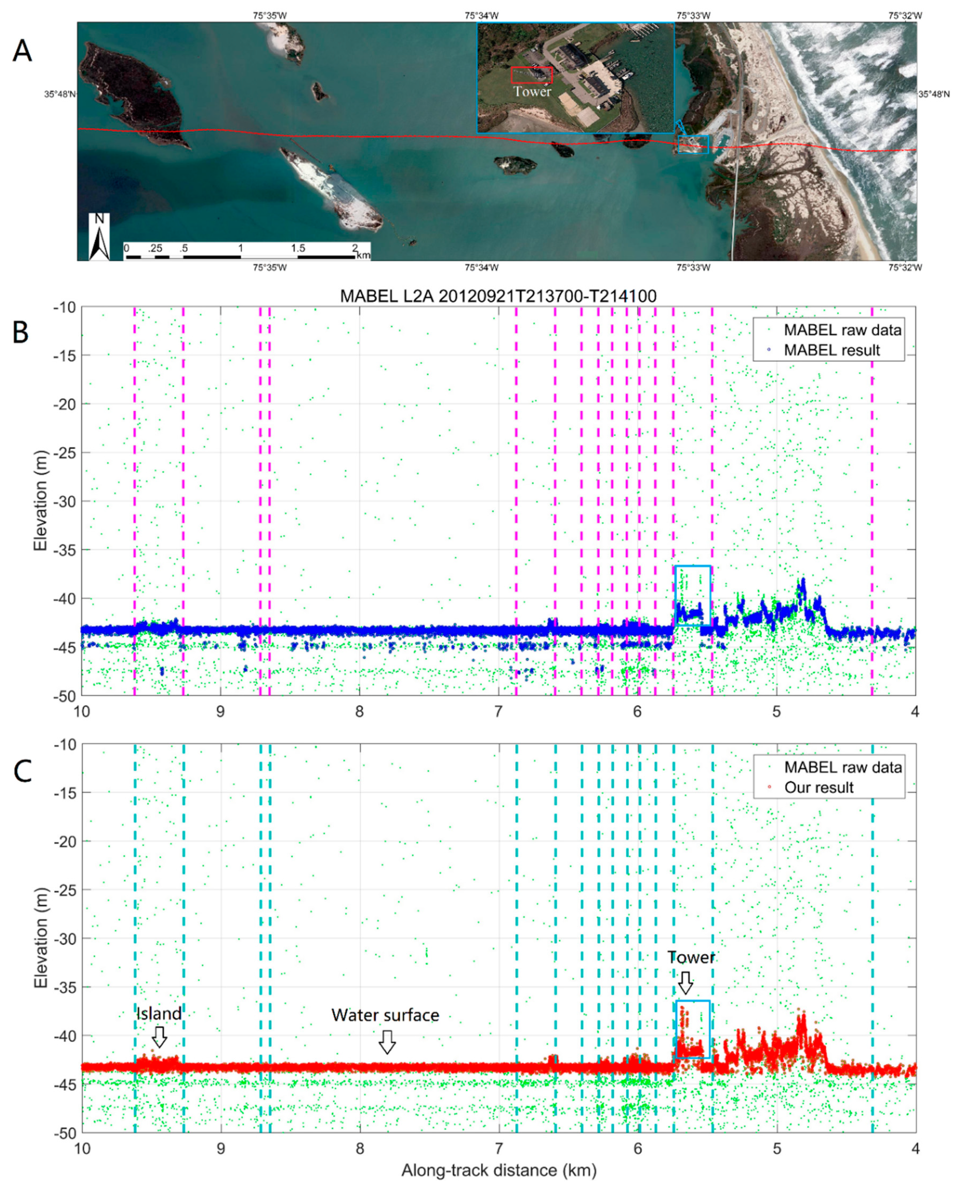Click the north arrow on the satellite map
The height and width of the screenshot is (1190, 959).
99,237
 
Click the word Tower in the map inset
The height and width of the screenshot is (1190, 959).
532,92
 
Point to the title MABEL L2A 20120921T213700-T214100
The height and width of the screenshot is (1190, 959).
498,296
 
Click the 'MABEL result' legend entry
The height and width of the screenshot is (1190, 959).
831,350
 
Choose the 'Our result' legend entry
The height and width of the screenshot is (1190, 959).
819,788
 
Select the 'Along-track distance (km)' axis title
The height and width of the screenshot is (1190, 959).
499,1170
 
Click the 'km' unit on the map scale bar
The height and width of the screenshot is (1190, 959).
363,255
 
